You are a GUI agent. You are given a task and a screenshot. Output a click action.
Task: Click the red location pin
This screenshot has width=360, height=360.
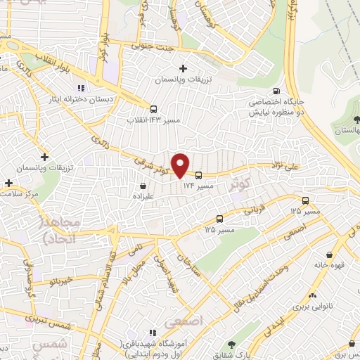point(181,165)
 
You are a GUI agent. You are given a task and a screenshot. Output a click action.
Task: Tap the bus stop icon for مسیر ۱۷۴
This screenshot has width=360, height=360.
point(199,175)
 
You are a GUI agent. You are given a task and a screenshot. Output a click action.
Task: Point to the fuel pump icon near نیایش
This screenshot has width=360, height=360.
point(275,91)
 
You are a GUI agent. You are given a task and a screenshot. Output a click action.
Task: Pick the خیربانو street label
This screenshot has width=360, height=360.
point(56,281)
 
